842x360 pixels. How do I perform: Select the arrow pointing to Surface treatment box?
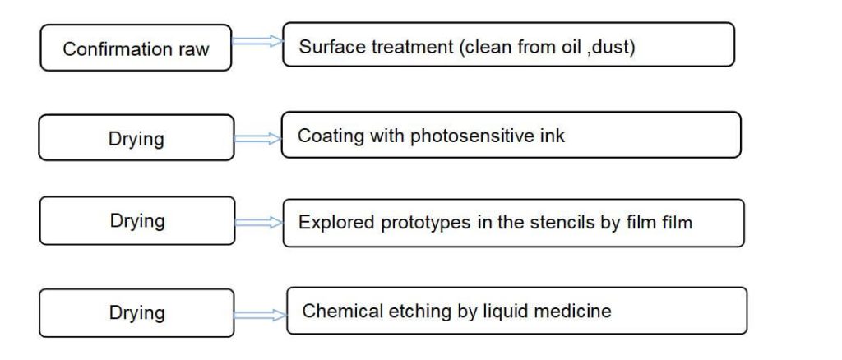(x=257, y=41)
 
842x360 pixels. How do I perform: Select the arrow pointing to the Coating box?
(x=257, y=139)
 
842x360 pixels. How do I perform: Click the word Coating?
(x=331, y=136)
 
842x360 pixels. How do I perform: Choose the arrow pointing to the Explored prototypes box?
(x=259, y=222)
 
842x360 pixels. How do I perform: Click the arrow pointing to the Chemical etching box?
(x=261, y=315)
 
